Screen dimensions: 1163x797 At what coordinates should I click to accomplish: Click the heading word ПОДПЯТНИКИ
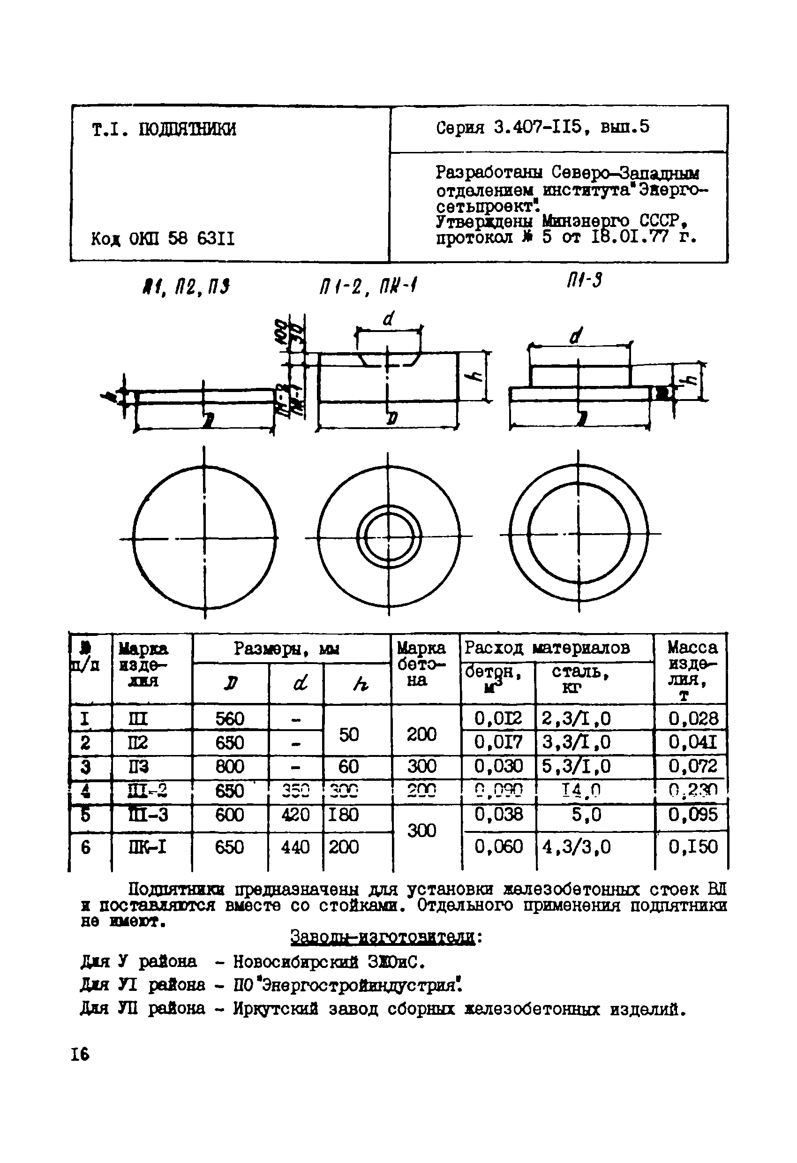[187, 129]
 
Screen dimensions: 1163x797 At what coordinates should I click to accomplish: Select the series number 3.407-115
[538, 127]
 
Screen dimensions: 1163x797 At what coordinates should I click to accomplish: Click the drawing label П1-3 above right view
[584, 281]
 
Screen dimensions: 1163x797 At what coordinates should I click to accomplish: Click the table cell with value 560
[230, 719]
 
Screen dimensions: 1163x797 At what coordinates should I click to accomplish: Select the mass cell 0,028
[693, 719]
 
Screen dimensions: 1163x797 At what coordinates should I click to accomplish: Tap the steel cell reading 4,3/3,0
[576, 847]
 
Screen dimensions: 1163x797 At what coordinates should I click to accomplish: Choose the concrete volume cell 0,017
[498, 742]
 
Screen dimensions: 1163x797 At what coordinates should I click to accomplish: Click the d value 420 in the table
[295, 815]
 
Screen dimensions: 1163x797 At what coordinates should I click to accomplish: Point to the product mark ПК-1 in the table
[148, 847]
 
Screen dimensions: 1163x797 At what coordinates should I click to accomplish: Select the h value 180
[344, 815]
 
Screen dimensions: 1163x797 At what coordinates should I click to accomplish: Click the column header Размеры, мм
[286, 649]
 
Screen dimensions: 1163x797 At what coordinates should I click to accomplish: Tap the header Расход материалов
[547, 648]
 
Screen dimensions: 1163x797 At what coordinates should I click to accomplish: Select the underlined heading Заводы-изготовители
[383, 937]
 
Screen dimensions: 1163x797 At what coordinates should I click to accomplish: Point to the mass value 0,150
[693, 847]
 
